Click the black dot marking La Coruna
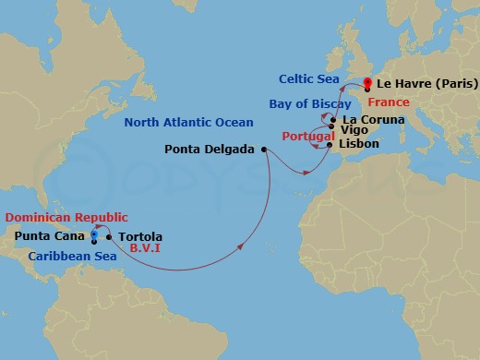point(334,120)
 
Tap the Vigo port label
point(354,132)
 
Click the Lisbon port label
point(359,145)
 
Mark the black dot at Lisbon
point(330,145)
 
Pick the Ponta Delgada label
point(210,149)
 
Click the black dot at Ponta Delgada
point(264,149)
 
